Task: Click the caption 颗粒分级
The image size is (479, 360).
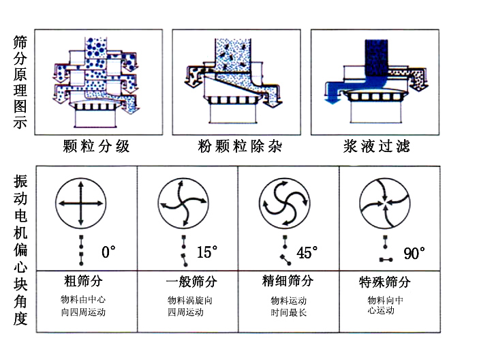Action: pos(95,147)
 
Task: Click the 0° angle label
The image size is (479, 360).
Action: pos(109,253)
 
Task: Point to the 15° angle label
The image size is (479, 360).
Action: pos(207,253)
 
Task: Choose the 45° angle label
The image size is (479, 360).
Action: pos(307,253)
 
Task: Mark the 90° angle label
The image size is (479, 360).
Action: pos(414,254)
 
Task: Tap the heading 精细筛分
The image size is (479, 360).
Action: pos(288,281)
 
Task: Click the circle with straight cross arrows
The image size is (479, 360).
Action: pos(81,202)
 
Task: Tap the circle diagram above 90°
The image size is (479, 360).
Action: pos(385,202)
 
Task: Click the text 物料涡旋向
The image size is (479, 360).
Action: pos(185,300)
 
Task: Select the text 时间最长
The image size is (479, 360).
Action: pos(288,313)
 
